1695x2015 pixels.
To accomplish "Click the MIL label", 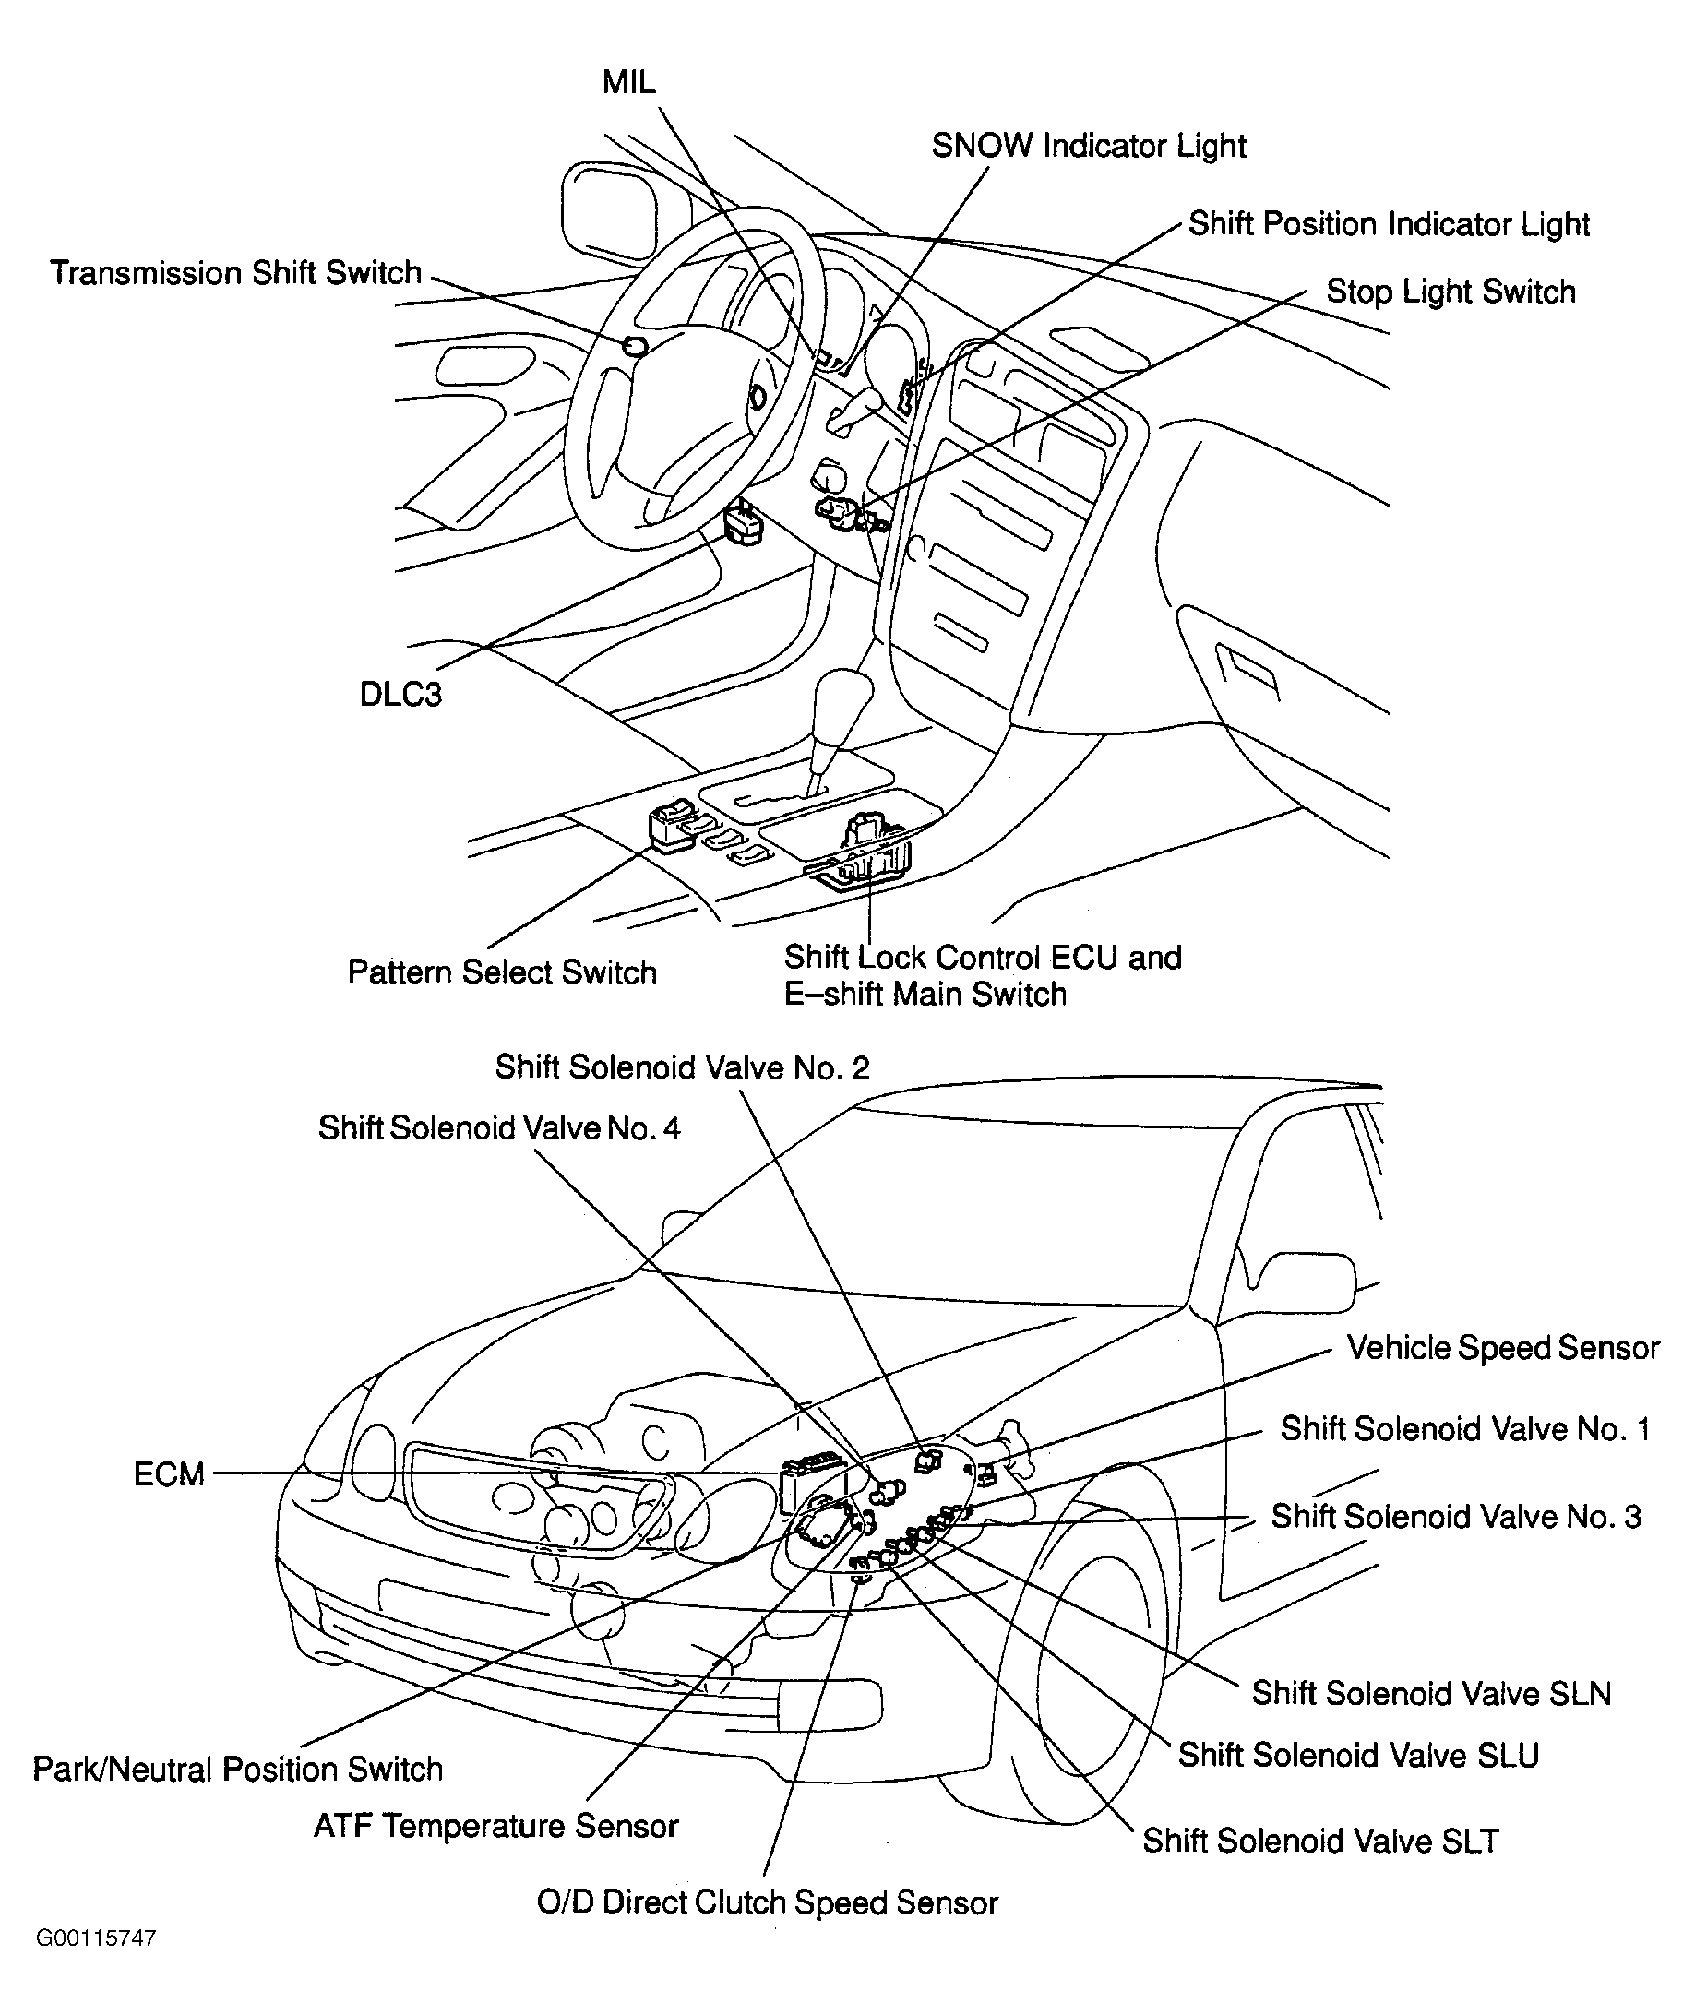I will (x=628, y=83).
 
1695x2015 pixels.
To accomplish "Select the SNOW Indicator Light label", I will (x=1088, y=146).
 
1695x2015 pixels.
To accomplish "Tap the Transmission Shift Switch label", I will (x=236, y=273).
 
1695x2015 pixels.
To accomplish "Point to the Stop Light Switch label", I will (x=1450, y=292).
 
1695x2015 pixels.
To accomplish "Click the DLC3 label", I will (x=400, y=694).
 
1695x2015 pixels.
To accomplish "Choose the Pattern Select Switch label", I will (x=502, y=972).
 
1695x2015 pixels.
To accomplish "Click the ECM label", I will (x=169, y=1474).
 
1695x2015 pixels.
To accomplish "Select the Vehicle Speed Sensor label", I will (x=1503, y=1347).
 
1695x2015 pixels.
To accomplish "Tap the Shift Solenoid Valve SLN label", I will (x=1431, y=1692).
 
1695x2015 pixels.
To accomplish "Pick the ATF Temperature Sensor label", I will (x=495, y=1825).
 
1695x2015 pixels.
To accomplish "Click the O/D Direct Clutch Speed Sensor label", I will (x=767, y=1902).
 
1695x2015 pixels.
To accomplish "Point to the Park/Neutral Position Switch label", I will (x=237, y=1768).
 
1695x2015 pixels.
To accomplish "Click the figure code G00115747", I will (x=96, y=1964).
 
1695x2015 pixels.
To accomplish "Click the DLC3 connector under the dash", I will (x=745, y=524).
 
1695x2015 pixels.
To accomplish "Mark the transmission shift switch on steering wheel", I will (x=634, y=346).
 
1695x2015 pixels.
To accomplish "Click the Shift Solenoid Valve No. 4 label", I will (x=498, y=1127).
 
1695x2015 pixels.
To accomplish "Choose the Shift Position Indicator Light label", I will (x=1389, y=224).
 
